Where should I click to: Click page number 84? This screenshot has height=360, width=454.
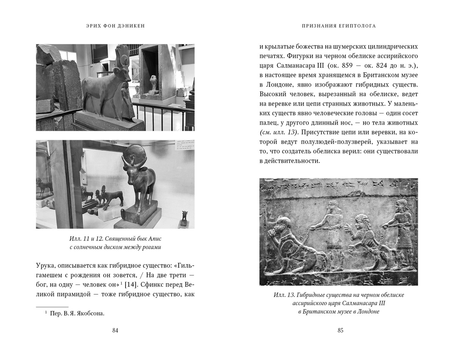115,330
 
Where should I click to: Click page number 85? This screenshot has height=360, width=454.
340,330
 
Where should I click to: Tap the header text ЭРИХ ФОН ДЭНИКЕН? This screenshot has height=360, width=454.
115,26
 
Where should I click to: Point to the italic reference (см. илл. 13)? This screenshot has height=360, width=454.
279,132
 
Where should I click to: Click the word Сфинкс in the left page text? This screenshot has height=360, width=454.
166,285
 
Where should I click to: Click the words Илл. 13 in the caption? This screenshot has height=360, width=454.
283,295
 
